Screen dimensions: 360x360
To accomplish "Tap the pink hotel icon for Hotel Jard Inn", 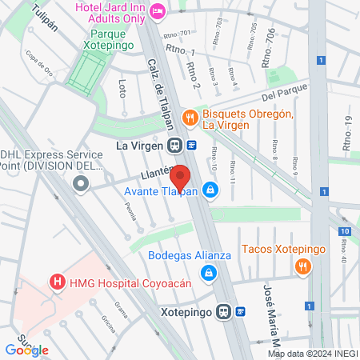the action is point(158,10).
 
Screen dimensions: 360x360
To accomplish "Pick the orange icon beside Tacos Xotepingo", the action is point(302,267).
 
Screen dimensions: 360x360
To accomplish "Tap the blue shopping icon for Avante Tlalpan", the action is point(210,190).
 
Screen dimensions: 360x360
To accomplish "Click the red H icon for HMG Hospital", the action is point(57,282).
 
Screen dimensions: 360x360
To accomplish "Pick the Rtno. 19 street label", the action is point(346,134).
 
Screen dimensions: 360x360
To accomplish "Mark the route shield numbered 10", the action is point(343,232).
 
